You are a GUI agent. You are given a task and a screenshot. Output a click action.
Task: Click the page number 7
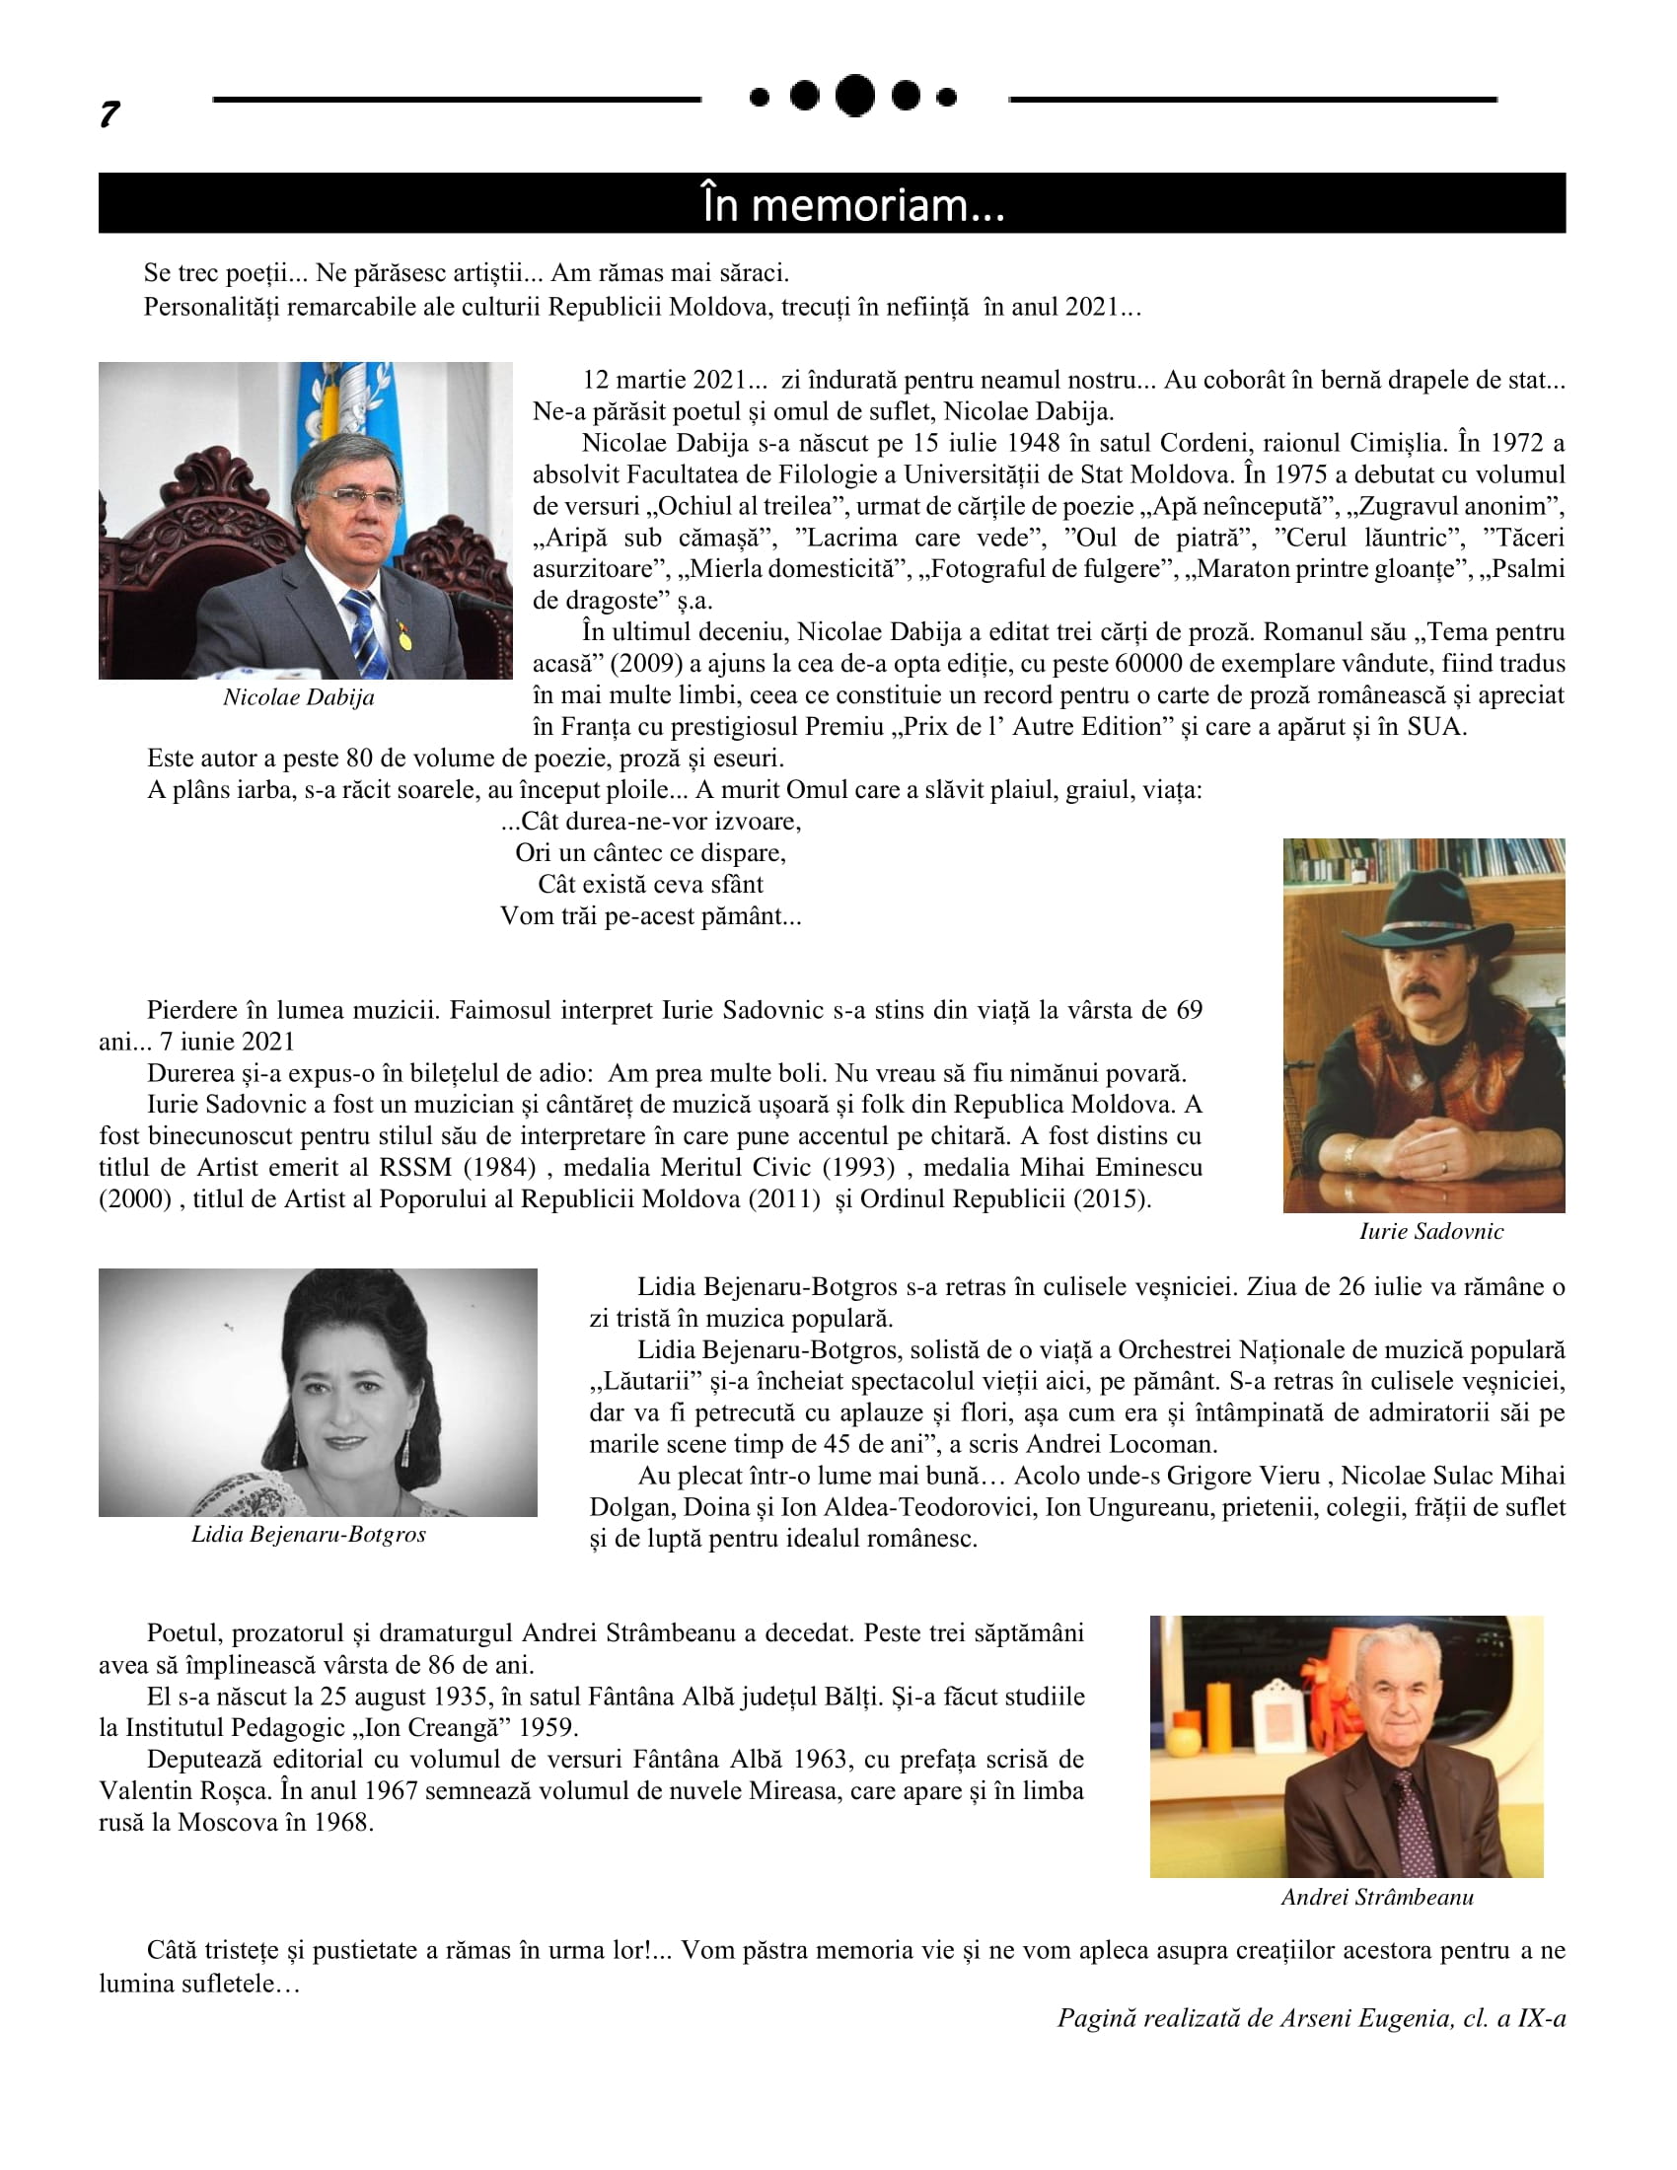pyautogui.click(x=109, y=114)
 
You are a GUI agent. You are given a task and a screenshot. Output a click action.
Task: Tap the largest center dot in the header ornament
pyautogui.click(x=854, y=96)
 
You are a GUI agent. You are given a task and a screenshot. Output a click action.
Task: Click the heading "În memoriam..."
pyautogui.click(x=852, y=205)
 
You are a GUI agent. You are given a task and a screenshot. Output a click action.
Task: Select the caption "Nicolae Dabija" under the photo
pyautogui.click(x=298, y=697)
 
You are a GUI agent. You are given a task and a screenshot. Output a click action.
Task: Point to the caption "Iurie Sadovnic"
pyautogui.click(x=1430, y=1232)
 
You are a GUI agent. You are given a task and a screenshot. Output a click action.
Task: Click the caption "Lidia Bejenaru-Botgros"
pyautogui.click(x=308, y=1534)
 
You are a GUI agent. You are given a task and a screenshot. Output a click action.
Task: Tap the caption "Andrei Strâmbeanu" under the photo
pyautogui.click(x=1377, y=1897)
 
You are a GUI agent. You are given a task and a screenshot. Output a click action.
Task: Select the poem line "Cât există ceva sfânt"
pyautogui.click(x=651, y=885)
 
